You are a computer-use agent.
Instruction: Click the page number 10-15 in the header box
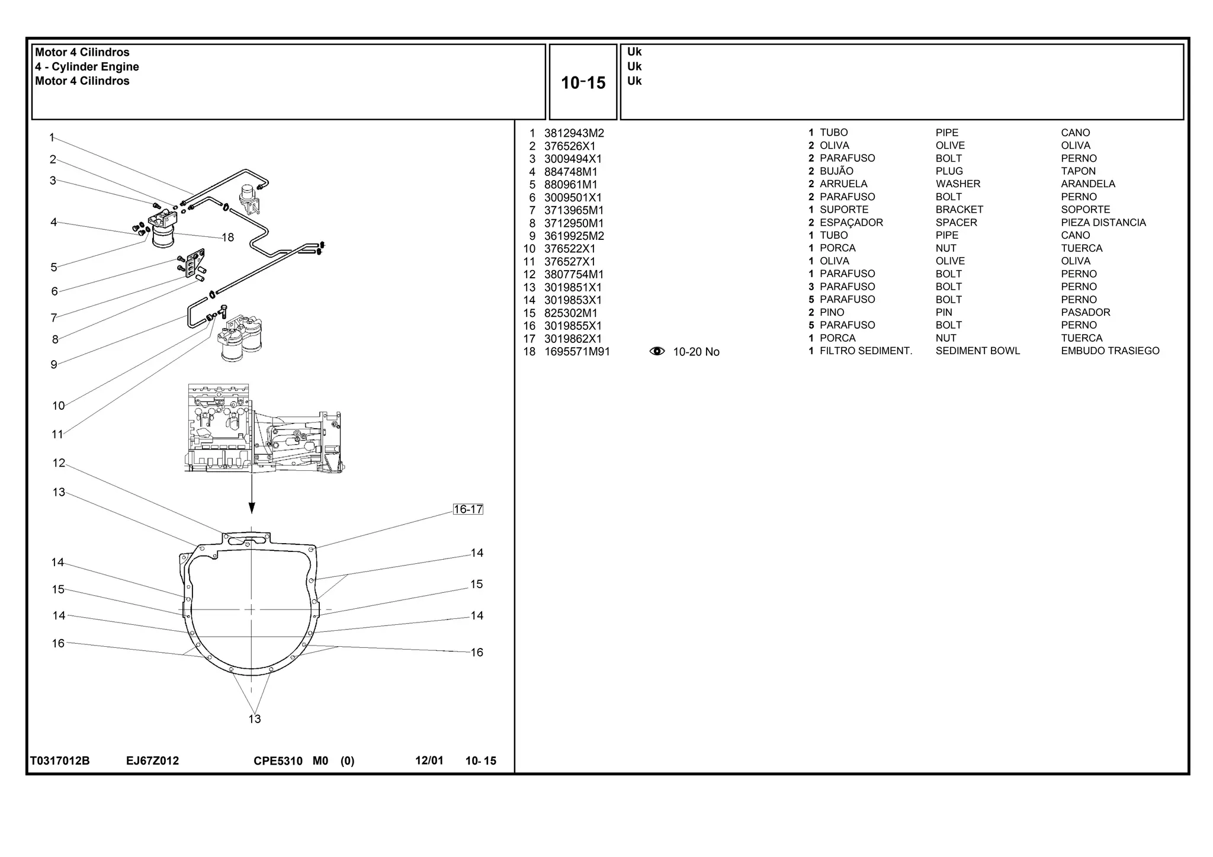point(583,83)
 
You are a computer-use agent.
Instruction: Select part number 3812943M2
point(573,133)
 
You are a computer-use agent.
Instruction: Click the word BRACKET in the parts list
point(959,210)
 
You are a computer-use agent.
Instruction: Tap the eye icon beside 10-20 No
point(657,351)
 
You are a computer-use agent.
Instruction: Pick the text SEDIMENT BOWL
point(977,351)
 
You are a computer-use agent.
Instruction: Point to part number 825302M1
point(570,313)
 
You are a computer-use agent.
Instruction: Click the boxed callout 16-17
point(468,509)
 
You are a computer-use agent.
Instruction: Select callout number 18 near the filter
point(227,237)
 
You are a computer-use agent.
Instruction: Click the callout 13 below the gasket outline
point(254,719)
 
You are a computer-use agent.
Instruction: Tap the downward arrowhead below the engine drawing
point(252,508)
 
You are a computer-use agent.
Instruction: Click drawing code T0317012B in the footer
point(60,760)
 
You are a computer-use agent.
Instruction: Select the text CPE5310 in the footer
point(278,760)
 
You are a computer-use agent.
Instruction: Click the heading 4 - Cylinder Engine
point(87,67)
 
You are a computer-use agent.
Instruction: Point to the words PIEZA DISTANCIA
point(1103,223)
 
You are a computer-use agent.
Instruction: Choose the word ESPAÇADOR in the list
point(851,223)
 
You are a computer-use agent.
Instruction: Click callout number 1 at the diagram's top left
point(52,137)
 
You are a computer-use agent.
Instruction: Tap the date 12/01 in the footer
point(429,760)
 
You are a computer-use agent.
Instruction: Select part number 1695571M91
point(576,352)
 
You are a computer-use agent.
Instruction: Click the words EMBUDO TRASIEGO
point(1109,351)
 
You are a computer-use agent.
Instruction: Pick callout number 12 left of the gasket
point(59,463)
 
